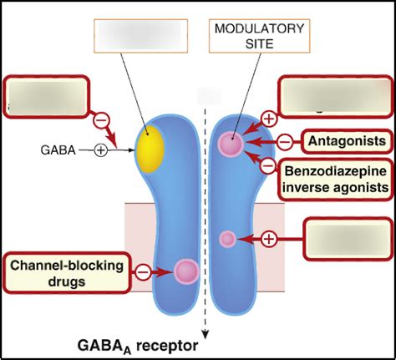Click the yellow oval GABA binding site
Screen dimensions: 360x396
150,150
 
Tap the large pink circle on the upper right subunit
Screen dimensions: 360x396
231,144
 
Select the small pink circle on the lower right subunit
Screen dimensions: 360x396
227,240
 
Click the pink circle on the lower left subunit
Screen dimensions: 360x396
185,271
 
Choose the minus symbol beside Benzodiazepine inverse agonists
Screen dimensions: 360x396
267,165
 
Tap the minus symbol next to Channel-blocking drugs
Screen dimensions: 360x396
143,271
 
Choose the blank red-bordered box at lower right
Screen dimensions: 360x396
348,241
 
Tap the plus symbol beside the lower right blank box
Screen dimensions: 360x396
269,240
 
